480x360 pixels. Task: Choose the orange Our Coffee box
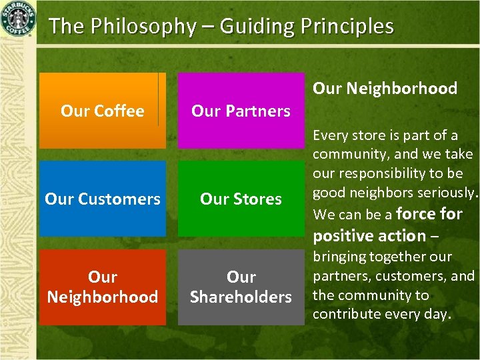102,111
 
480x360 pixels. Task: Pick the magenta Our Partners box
241,111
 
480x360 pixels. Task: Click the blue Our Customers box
102,199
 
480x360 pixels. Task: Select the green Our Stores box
241,199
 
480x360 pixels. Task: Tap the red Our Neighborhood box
102,287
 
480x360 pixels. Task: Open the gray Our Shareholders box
241,287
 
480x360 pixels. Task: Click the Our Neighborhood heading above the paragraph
385,88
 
